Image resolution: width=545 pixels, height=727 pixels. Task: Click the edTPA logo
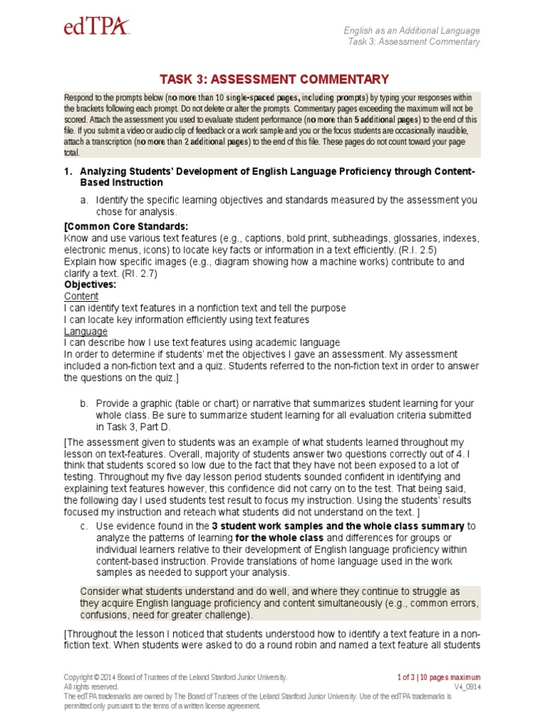click(97, 29)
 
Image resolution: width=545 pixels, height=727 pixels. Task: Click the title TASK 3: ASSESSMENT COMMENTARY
click(274, 79)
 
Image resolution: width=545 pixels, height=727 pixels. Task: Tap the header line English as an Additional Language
click(412, 31)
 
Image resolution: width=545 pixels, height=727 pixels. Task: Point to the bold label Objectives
click(90, 284)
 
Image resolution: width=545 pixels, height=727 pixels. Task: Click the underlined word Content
click(82, 296)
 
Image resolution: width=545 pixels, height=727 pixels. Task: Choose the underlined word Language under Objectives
click(86, 331)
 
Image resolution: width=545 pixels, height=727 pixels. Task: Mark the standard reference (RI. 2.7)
click(135, 273)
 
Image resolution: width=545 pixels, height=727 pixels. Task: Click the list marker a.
click(84, 200)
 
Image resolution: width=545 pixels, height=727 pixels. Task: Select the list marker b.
click(84, 403)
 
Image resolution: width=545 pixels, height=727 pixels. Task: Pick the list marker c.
click(84, 526)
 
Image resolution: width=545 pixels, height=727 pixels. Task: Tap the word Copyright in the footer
click(79, 677)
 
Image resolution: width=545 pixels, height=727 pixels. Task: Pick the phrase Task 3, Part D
click(131, 427)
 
